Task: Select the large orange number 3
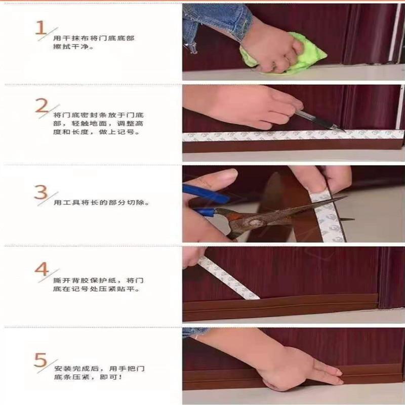click(41, 193)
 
